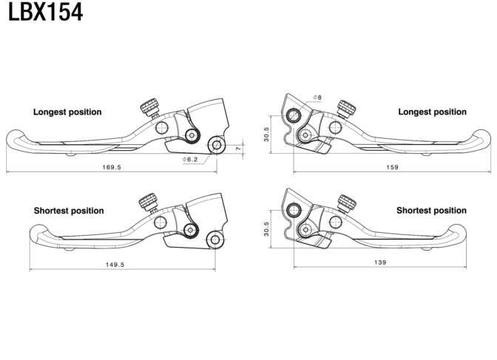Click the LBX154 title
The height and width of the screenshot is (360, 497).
45,12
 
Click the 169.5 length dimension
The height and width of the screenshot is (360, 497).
112,167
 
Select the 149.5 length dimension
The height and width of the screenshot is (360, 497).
115,265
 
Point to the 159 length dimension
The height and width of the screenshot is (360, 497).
392,167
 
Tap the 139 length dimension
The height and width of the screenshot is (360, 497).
380,262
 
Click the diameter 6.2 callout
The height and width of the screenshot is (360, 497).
190,160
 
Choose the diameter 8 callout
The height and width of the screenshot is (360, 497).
317,98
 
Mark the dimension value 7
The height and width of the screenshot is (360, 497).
239,148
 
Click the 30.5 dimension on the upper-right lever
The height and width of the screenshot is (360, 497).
266,135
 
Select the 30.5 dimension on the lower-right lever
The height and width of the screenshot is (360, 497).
266,229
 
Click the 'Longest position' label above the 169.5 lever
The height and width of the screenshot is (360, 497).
67,112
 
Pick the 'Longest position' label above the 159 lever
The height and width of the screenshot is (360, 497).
433,112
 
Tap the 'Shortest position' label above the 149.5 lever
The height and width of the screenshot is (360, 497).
69,211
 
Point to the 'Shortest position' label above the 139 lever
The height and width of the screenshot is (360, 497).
431,211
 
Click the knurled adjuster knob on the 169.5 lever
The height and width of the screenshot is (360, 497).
150,106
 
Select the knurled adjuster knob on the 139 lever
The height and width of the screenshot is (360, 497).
346,203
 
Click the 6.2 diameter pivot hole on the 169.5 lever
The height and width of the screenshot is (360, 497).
217,145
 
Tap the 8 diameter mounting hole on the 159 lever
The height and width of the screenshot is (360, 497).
294,115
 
